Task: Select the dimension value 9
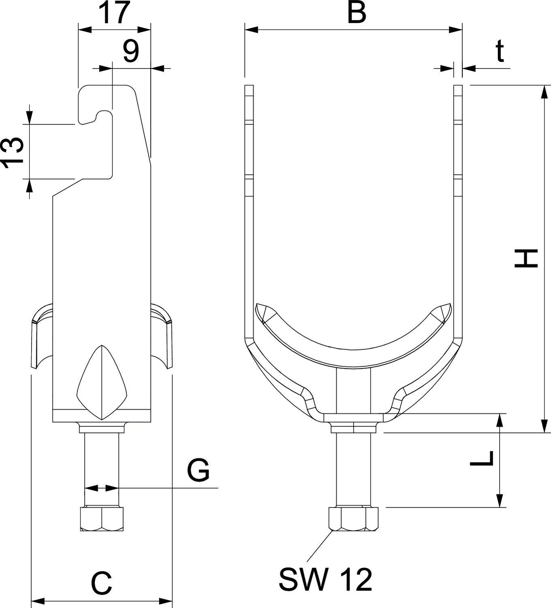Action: click(130, 52)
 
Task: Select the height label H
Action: click(526, 259)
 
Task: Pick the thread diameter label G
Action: click(198, 470)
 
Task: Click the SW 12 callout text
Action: click(325, 579)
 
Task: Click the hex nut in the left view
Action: click(102, 518)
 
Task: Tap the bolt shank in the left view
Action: click(102, 458)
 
